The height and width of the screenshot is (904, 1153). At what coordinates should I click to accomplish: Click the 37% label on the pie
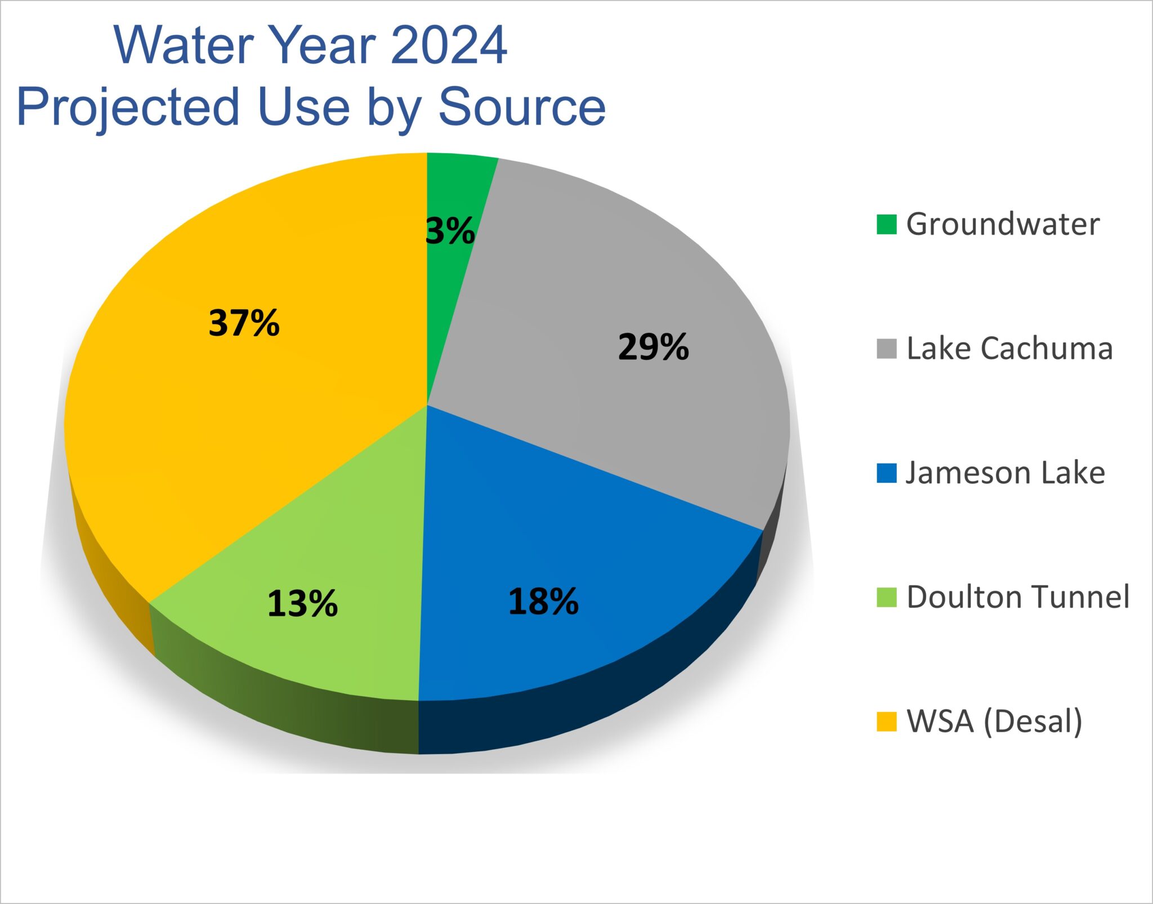[244, 323]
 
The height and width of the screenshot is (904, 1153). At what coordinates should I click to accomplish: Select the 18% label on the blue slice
[543, 601]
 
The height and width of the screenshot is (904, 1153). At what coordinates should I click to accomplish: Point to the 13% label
[302, 603]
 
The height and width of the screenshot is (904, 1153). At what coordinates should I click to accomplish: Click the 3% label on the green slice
[450, 231]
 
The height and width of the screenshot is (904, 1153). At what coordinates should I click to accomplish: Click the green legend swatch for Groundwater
[886, 224]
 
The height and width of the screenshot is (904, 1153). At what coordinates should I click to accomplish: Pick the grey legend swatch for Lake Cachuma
[886, 349]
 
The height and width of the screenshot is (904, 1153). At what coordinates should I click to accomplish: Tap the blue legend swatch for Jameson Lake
[886, 473]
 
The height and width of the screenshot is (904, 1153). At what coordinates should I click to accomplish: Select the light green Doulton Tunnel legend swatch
[886, 598]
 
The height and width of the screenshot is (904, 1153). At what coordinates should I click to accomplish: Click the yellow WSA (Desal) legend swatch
[886, 722]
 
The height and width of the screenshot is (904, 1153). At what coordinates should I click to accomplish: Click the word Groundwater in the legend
[1002, 224]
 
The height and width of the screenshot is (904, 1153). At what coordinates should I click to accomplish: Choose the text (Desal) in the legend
[1033, 722]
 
